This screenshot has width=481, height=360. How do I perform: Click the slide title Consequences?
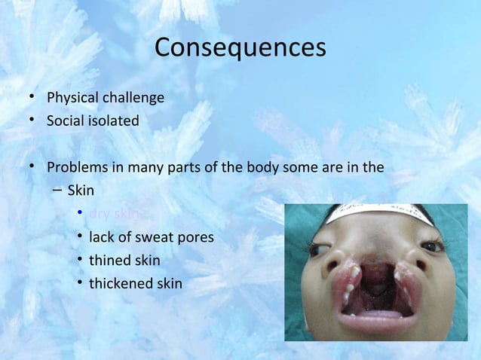pos(240,47)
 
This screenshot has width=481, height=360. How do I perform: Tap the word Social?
pos(66,121)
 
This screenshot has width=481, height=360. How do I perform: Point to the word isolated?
pos(114,121)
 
